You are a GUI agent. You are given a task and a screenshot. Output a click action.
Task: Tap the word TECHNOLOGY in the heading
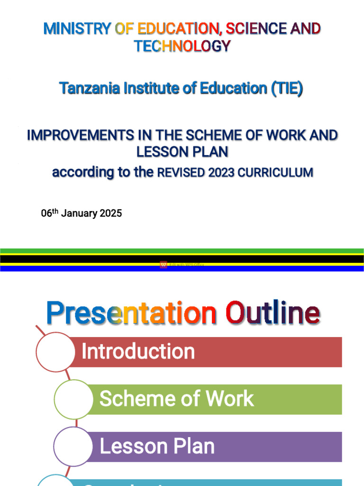click(182, 46)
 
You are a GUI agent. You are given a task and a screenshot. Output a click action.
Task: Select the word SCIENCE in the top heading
click(256, 29)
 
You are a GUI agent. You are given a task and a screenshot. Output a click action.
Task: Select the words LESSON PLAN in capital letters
click(182, 152)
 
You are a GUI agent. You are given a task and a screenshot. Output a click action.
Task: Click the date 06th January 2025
click(81, 214)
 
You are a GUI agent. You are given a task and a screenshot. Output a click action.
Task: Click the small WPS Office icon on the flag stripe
click(164, 265)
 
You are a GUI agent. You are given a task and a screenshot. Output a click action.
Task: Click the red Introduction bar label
click(138, 352)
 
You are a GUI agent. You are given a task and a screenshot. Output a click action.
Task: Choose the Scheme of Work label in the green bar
click(176, 399)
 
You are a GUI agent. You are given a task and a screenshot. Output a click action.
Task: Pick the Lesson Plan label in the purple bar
click(157, 446)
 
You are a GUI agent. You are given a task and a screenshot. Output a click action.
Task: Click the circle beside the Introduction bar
click(55, 352)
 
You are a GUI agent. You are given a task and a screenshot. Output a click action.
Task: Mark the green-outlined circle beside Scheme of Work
click(73, 399)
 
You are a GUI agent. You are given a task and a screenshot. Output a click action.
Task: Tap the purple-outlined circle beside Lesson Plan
click(73, 446)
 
